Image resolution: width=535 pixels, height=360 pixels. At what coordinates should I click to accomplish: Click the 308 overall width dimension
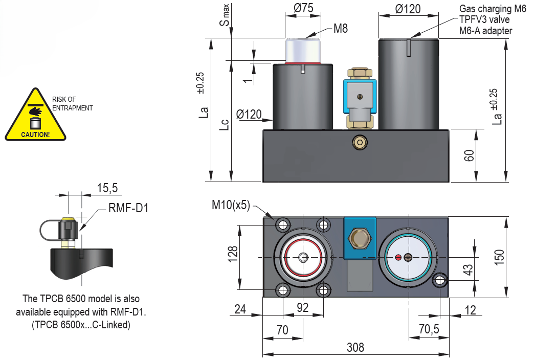click(x=355, y=348)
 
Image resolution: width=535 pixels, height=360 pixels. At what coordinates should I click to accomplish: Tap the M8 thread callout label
click(x=341, y=29)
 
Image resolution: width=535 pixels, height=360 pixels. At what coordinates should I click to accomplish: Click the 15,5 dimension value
click(x=107, y=188)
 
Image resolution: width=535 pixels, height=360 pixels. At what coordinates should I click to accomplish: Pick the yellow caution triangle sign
click(x=35, y=117)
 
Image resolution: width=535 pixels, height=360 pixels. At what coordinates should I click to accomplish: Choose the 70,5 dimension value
click(x=429, y=330)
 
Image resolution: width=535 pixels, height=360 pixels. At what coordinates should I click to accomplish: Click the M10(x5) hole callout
click(x=231, y=205)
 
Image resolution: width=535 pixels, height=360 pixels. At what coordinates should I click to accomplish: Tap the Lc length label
click(x=224, y=125)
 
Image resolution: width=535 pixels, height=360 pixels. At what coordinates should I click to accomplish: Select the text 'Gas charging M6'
click(x=493, y=8)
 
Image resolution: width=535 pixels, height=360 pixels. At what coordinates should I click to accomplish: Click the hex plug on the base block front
click(x=360, y=144)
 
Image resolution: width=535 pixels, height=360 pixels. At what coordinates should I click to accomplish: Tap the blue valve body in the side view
click(x=360, y=94)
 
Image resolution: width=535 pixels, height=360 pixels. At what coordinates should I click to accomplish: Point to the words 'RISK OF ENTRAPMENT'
click(x=72, y=104)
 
